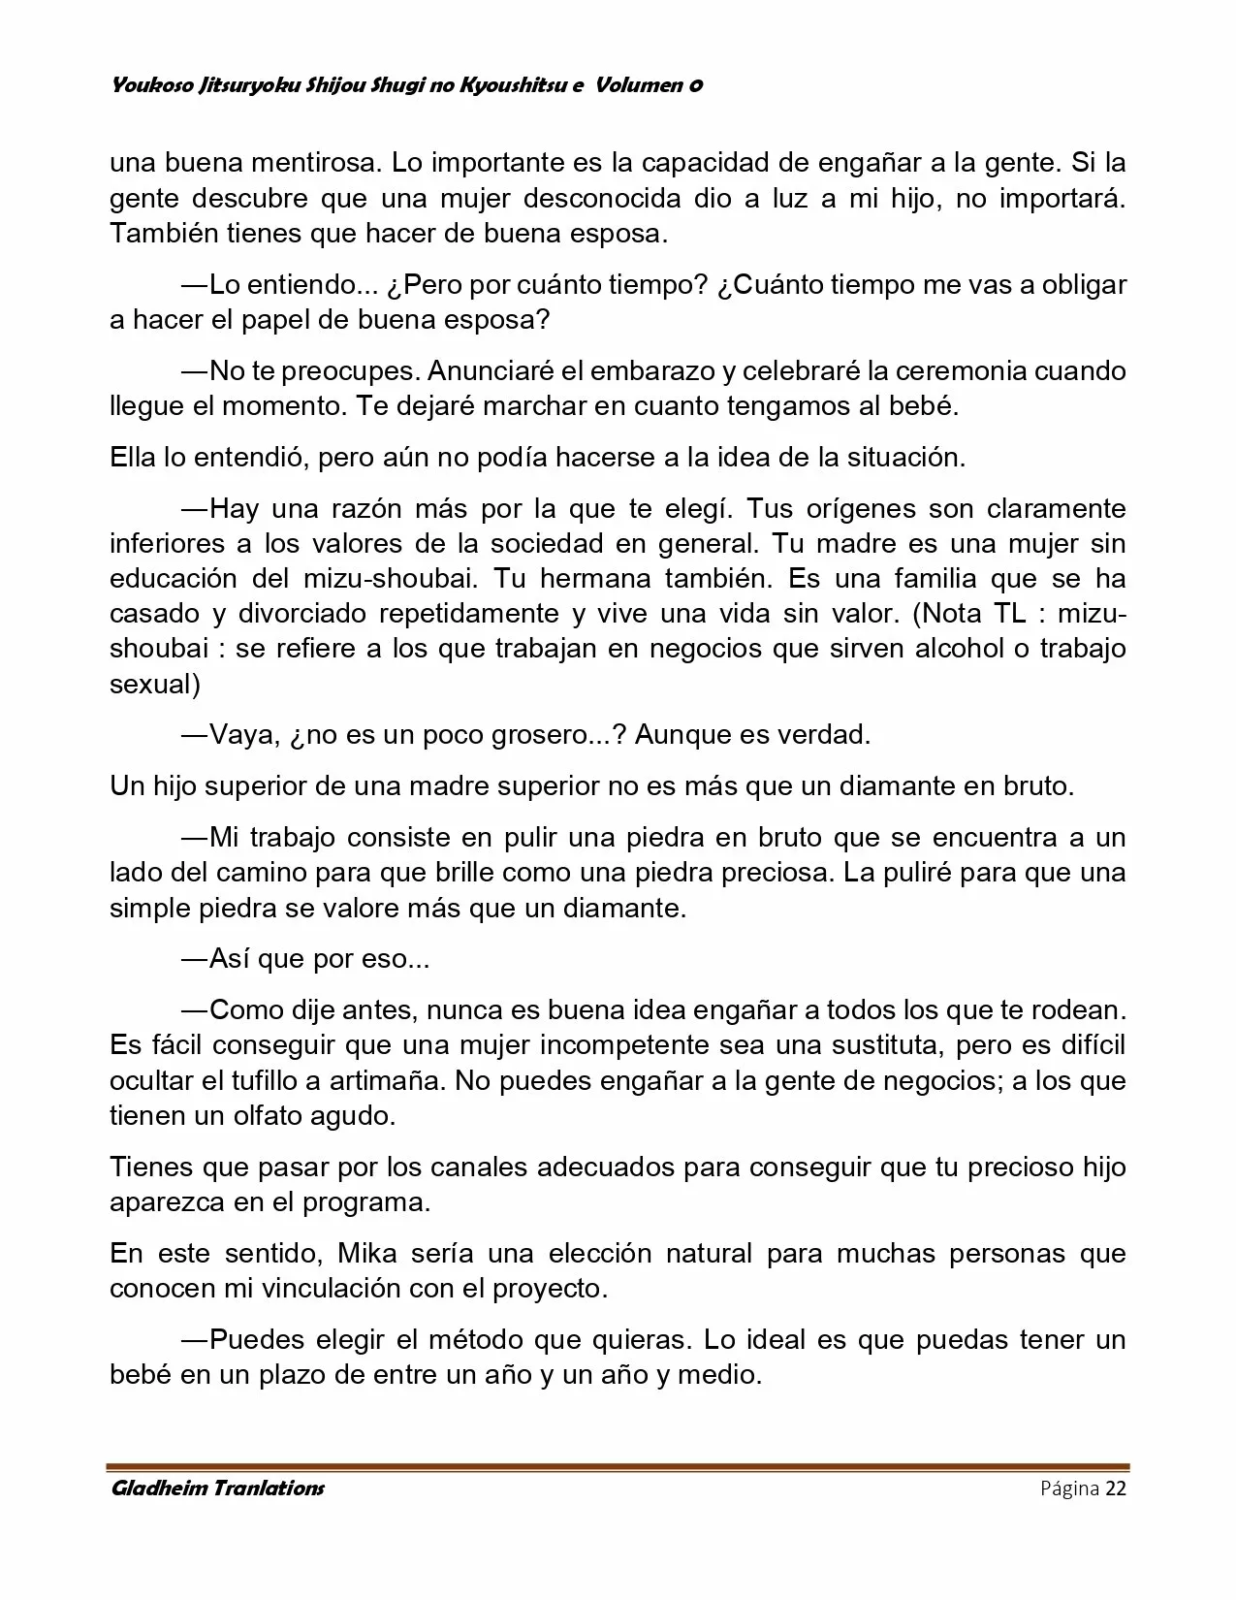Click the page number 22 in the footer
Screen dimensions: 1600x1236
1115,1489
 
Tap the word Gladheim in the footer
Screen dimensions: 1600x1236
155,1489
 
